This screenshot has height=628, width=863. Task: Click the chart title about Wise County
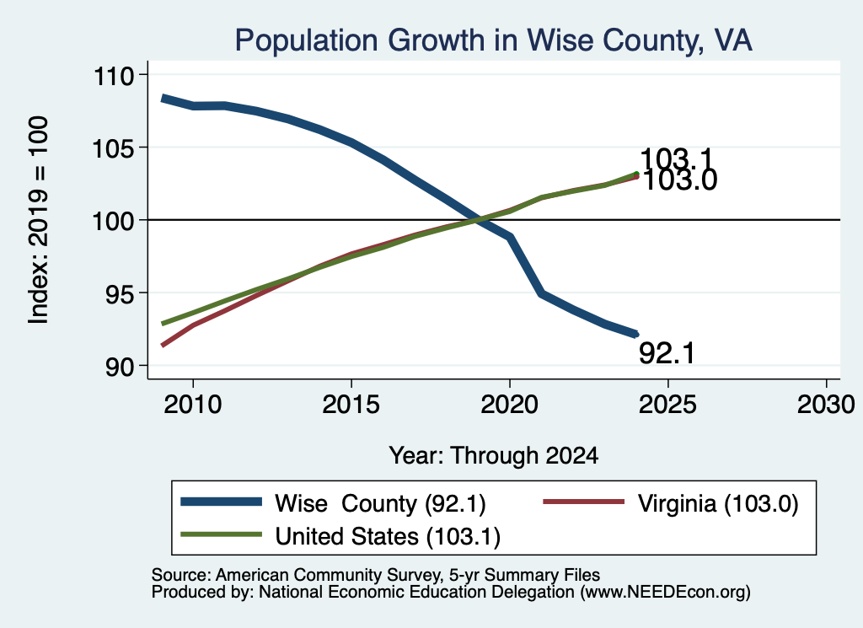pos(493,40)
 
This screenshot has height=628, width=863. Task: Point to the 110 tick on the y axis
pos(114,75)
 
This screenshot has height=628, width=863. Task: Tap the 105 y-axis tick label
pos(114,148)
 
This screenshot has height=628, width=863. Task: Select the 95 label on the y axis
pos(120,294)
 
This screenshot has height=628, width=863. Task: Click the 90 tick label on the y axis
pos(120,367)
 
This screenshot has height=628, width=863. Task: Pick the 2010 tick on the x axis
pos(193,405)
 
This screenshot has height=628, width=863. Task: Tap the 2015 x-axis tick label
pos(351,405)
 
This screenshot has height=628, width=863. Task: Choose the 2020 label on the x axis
pos(510,405)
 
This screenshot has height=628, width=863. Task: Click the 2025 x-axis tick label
pos(667,405)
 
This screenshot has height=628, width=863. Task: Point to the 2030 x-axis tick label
pos(826,405)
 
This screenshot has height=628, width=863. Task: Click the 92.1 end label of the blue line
pos(667,353)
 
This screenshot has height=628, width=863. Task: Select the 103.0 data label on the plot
pos(680,180)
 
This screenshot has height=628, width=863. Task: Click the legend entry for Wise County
pos(334,503)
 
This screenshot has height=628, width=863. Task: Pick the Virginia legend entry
pos(670,503)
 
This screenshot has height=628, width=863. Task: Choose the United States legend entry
pos(340,536)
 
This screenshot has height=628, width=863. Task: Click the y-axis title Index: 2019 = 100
pos(39,220)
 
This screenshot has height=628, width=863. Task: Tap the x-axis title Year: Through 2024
pos(494,456)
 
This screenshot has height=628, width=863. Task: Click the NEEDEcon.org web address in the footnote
pos(665,592)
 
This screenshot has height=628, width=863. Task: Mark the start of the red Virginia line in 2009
pos(163,345)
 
